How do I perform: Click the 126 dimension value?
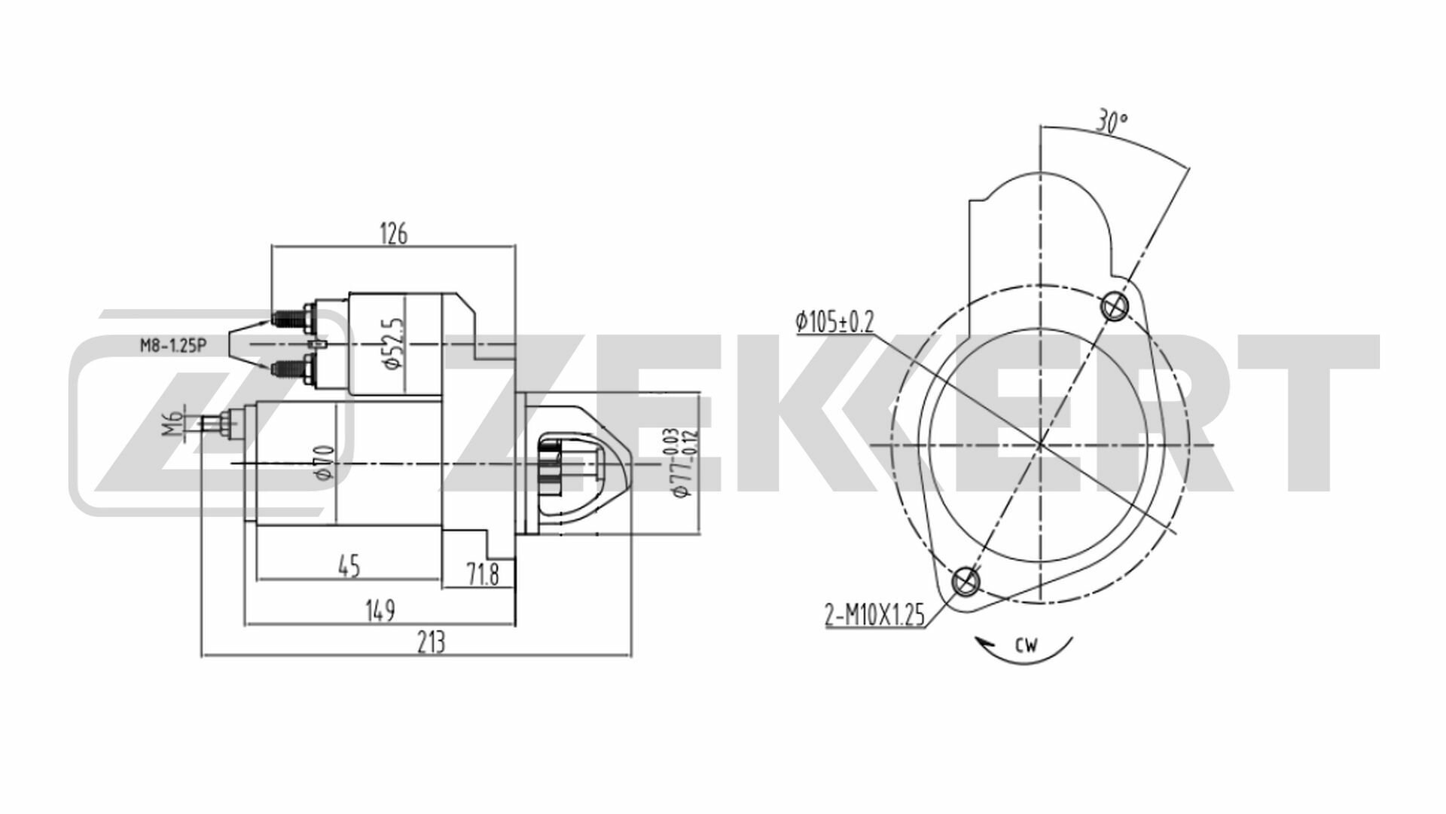pyautogui.click(x=393, y=234)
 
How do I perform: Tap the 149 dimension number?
pyautogui.click(x=381, y=610)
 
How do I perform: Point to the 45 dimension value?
pyautogui.click(x=349, y=566)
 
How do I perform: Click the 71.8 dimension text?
pyautogui.click(x=483, y=575)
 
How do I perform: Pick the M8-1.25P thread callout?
pyautogui.click(x=172, y=346)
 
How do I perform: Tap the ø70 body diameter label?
pyautogui.click(x=325, y=462)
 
